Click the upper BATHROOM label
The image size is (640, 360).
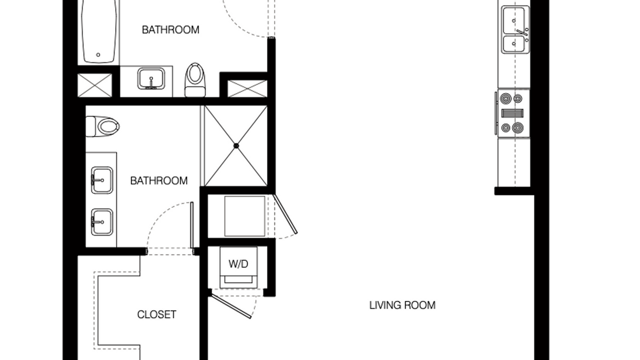[171, 30]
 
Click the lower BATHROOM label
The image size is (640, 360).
[159, 181]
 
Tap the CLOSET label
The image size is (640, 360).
[156, 315]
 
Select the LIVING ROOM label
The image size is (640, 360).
[402, 305]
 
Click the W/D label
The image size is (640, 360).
[238, 264]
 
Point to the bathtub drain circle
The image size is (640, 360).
[98, 55]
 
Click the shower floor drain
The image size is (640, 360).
[236, 146]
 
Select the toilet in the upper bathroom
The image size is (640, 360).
[195, 80]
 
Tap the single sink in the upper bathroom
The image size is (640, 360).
[151, 79]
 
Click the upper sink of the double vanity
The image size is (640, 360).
[102, 181]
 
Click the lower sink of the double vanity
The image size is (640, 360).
[102, 222]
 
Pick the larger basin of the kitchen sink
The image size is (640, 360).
[514, 21]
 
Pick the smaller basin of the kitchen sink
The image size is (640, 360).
[514, 44]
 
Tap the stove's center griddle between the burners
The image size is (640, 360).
[512, 113]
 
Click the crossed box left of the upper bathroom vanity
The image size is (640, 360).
[95, 85]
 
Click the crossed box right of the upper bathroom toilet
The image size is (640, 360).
[247, 88]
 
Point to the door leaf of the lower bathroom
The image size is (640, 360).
[192, 225]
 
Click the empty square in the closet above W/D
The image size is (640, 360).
[244, 216]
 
